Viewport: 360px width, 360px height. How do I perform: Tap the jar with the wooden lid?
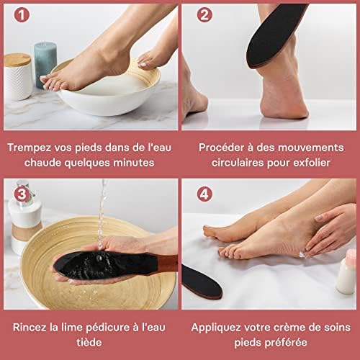17,76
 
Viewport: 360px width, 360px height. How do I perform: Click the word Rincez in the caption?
30,326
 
